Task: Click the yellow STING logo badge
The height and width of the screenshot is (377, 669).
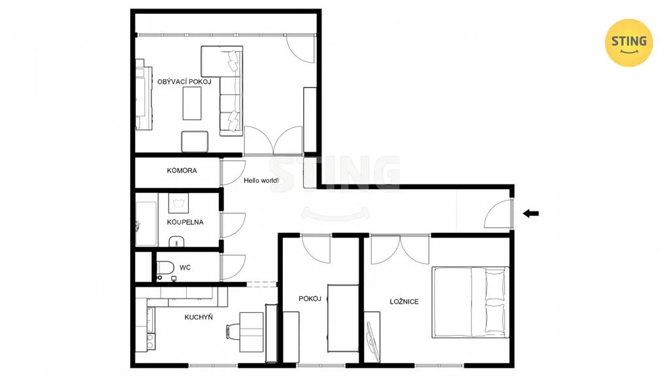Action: point(629,43)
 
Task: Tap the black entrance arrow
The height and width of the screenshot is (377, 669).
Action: point(530,213)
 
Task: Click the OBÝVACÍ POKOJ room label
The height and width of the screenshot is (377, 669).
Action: point(184,82)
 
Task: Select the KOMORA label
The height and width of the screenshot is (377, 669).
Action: point(182,171)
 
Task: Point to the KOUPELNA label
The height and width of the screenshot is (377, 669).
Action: point(185,223)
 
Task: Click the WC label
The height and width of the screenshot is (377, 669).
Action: point(185,268)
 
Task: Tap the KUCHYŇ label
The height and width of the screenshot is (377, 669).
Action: point(199,317)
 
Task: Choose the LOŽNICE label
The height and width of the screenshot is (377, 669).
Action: point(404,302)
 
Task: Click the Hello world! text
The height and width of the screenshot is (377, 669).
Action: point(261,181)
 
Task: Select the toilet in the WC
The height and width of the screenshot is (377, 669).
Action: point(165,268)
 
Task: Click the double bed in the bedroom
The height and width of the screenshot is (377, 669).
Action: point(470,302)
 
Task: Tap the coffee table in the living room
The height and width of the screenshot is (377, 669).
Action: point(192,103)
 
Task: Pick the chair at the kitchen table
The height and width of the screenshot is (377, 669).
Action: point(233,331)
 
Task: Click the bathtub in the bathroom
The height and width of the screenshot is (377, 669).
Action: point(146,224)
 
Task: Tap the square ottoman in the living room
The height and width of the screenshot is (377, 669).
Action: point(195,141)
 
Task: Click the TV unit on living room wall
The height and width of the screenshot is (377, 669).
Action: point(144,94)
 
